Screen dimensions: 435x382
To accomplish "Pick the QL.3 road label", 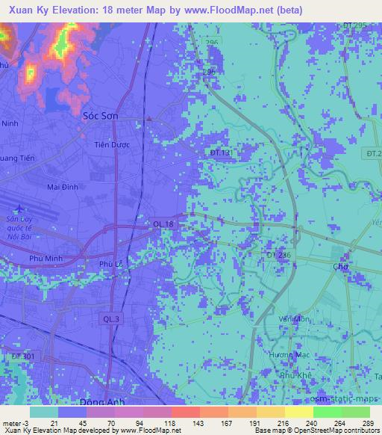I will tap(110, 319).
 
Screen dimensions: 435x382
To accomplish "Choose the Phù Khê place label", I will tap(293, 377).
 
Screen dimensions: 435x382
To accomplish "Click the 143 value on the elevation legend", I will tap(179, 424).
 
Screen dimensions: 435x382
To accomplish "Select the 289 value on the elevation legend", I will tap(368, 424).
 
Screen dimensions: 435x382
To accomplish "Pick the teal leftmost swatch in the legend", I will tap(44, 412).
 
